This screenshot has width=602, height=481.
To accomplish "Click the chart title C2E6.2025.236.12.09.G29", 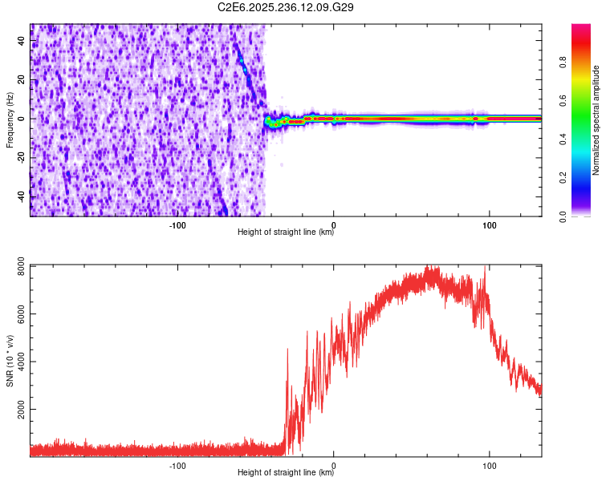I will [286, 7].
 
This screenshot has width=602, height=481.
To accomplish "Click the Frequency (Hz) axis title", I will [10, 119].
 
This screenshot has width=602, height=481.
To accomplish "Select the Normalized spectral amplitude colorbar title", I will [596, 119].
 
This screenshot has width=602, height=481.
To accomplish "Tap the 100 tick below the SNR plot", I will [489, 464].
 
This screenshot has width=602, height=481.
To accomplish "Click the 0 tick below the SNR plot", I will [333, 464].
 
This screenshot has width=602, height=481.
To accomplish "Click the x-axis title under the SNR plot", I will [286, 473].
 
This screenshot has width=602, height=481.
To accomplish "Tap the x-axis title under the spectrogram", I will [286, 232].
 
